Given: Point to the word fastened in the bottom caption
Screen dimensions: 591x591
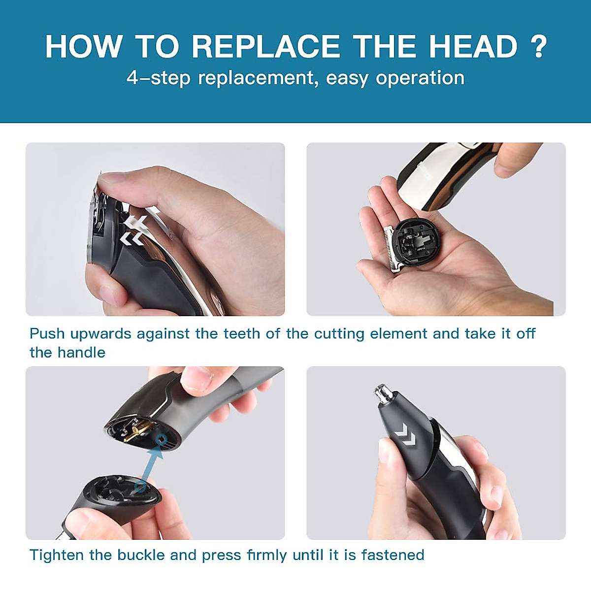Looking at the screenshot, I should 393,555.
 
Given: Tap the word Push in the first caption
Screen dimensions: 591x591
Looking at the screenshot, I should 47,333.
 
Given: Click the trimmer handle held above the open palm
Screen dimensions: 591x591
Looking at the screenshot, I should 443,172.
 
